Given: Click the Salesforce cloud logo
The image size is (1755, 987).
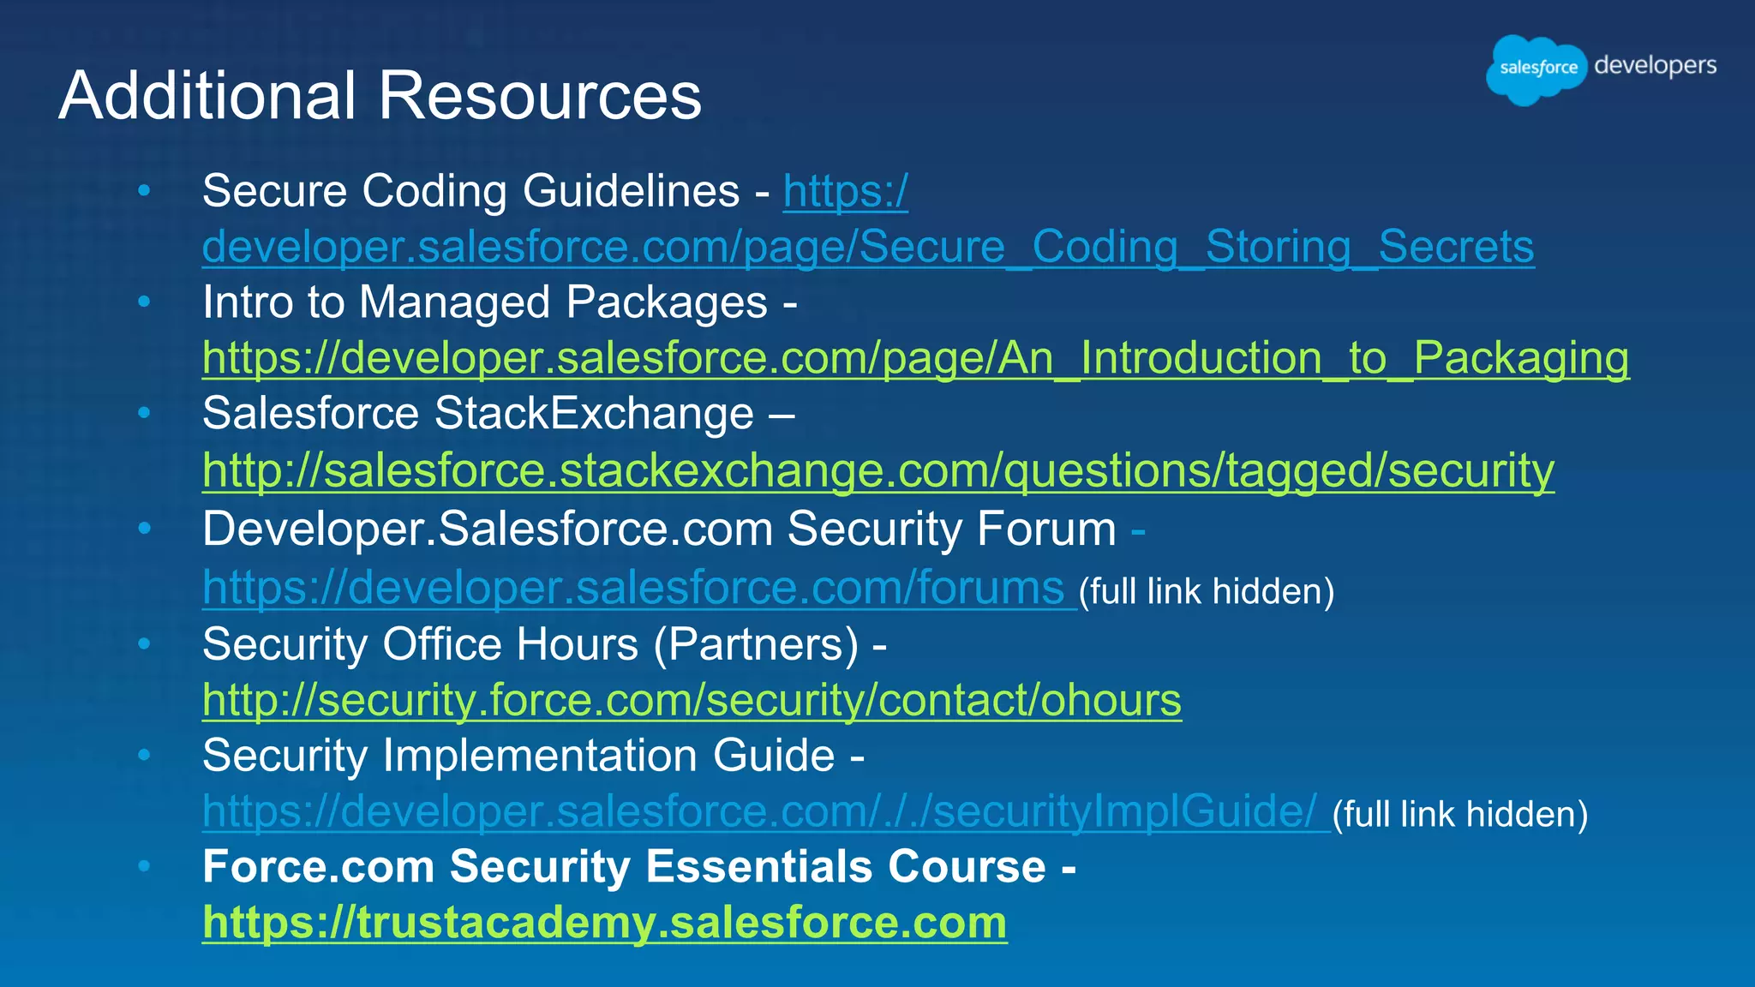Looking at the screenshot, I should [x=1537, y=69].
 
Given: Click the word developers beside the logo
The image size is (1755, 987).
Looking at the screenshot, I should [x=1655, y=66].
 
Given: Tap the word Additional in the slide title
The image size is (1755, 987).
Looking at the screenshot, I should [x=207, y=95].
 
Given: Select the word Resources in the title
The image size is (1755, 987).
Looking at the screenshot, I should [x=540, y=95].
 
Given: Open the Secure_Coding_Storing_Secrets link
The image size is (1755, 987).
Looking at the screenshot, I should [x=867, y=247].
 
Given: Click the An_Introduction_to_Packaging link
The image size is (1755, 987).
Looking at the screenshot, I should [x=915, y=358].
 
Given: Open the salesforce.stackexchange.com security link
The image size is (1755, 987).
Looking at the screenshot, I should [x=877, y=470].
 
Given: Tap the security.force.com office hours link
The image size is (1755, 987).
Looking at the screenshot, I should [x=692, y=700].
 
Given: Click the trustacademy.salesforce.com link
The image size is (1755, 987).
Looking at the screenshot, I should [x=604, y=923].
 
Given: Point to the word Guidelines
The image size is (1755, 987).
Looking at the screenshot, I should [x=631, y=190].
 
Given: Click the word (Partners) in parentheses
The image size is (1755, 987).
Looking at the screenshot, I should [x=756, y=644].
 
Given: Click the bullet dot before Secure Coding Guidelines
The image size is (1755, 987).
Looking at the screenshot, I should [x=144, y=190].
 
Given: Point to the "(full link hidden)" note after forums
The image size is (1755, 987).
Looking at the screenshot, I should [x=1206, y=591].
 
